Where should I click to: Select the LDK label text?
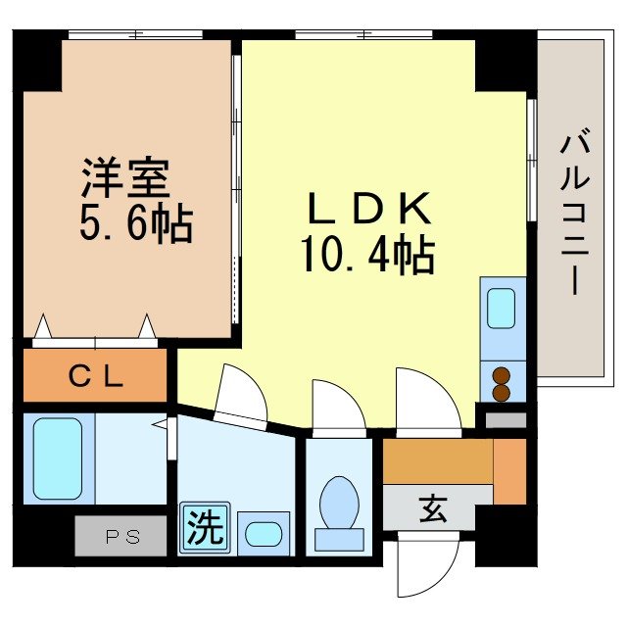click(368, 209)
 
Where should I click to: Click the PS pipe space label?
click(122, 536)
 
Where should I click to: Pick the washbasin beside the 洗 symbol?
click(262, 534)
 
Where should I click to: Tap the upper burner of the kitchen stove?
click(502, 375)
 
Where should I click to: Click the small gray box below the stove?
click(506, 420)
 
